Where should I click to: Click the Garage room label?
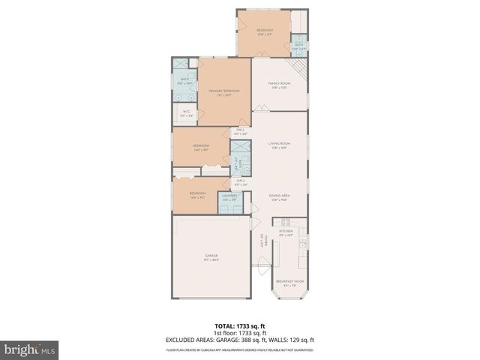tap(211, 257)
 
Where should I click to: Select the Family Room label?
tap(279, 84)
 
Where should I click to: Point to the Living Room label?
tap(280, 144)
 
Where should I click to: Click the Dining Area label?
tap(280, 197)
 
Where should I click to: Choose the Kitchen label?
tap(286, 232)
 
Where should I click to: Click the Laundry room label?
tap(229, 197)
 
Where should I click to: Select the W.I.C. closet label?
tap(185, 113)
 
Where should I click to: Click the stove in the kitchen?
tap(286, 221)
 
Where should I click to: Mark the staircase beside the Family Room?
tap(299, 71)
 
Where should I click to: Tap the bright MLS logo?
tap(30, 349)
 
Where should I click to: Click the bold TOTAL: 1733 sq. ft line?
tap(241, 325)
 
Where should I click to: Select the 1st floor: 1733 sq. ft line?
tap(241, 332)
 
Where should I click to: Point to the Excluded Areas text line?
tap(241, 340)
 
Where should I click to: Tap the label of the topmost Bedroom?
tap(264, 31)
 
